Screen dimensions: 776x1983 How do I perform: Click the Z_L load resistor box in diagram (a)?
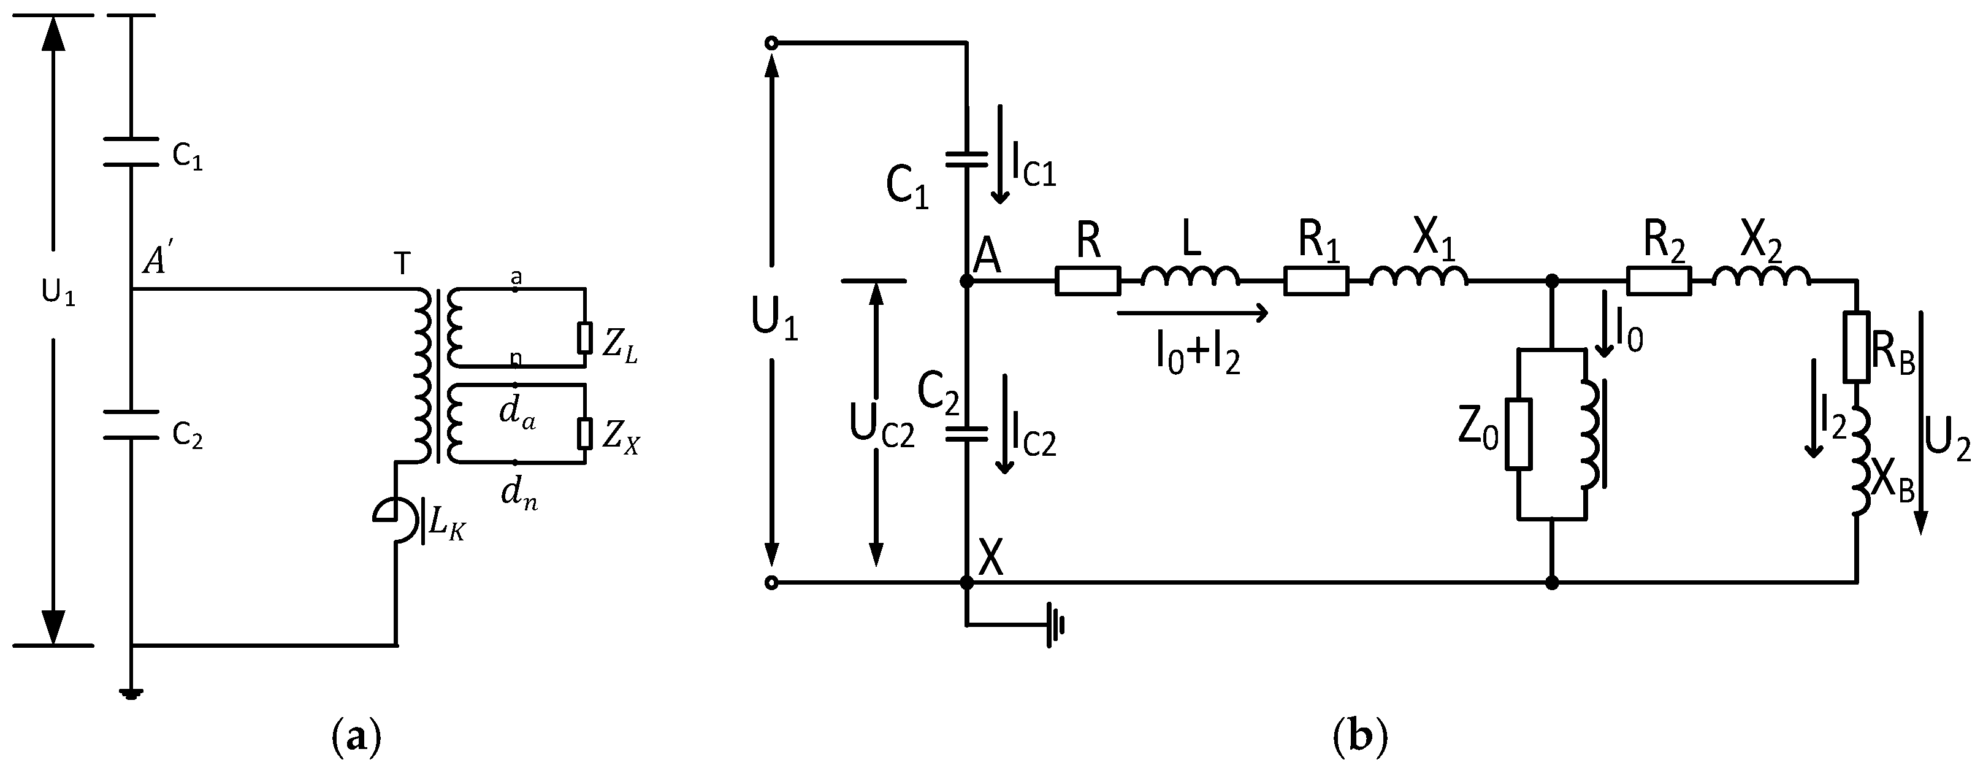pyautogui.click(x=585, y=337)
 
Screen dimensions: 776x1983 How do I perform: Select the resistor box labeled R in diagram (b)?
pyautogui.click(x=1087, y=281)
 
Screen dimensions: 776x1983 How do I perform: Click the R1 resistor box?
pyautogui.click(x=1316, y=281)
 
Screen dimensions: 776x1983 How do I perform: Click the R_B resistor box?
pyautogui.click(x=1855, y=347)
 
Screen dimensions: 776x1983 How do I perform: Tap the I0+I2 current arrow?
pyautogui.click(x=1190, y=313)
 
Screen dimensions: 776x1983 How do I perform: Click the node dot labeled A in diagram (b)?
pyautogui.click(x=967, y=282)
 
